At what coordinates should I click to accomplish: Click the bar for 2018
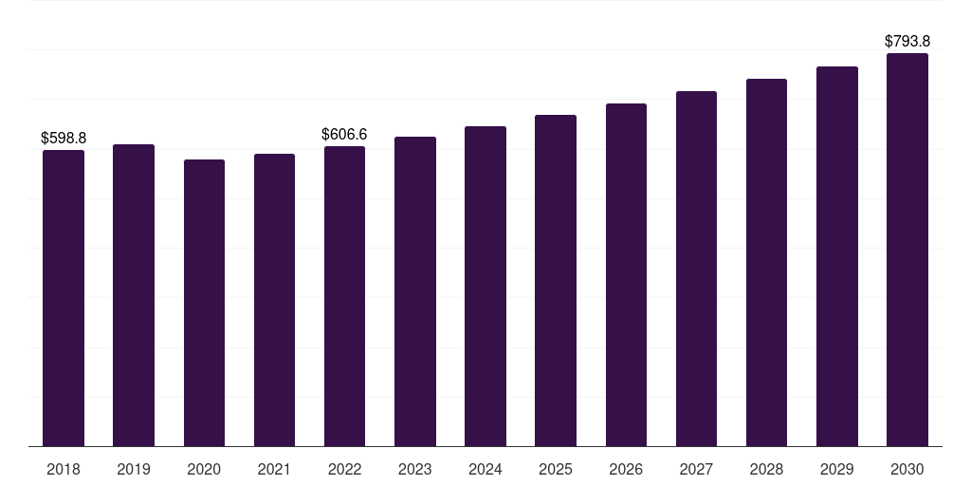tap(64, 298)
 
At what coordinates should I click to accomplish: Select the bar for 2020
tap(204, 303)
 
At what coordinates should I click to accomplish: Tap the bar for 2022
tap(344, 296)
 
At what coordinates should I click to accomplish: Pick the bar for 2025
tap(556, 280)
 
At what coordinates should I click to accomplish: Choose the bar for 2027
tap(696, 269)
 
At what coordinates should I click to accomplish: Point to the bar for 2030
tap(907, 250)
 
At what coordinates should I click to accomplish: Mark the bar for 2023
tap(415, 291)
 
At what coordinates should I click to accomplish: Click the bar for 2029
tap(837, 256)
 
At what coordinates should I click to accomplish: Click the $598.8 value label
tap(64, 139)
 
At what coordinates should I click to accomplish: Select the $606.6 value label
tap(344, 135)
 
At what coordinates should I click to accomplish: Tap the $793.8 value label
tap(907, 42)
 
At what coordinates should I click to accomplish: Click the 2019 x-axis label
tap(134, 469)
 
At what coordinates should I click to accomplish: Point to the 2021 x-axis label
tap(274, 469)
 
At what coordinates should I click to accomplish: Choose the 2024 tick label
tap(485, 469)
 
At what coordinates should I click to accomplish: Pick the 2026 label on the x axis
tap(626, 469)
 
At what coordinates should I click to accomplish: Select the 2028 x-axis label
tap(766, 469)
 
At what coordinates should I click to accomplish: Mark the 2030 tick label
tap(907, 469)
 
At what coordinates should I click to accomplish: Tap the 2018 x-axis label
tap(64, 469)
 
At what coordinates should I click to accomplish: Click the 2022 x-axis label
tap(344, 469)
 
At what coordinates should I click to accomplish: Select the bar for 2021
tap(274, 300)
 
